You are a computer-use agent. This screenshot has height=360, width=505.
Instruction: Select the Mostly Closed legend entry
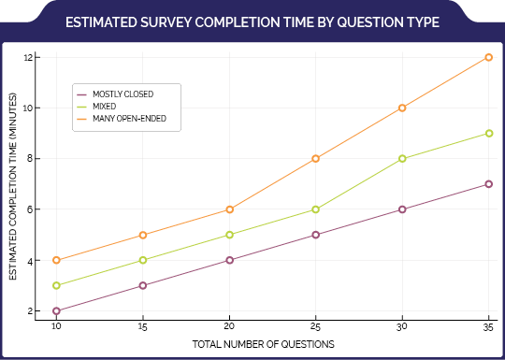tap(115, 94)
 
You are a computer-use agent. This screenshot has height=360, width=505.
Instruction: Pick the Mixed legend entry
tap(96, 107)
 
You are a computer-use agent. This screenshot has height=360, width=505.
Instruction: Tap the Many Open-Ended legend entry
tap(122, 119)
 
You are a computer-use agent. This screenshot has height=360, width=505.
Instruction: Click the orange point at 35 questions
tap(488, 57)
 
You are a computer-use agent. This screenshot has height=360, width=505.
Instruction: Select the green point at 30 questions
tap(402, 158)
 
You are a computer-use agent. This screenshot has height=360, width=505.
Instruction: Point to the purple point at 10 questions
tap(56, 311)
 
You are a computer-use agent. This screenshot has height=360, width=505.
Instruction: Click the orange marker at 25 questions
tap(316, 158)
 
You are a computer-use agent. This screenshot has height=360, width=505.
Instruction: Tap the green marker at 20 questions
tap(229, 235)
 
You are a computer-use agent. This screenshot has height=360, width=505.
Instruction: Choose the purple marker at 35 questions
tap(488, 184)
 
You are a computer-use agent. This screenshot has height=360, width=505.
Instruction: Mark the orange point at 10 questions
tap(56, 260)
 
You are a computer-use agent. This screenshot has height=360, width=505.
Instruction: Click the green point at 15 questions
tap(143, 260)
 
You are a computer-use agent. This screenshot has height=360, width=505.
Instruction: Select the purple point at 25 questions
tap(316, 235)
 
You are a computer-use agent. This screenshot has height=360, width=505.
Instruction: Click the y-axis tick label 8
tap(29, 159)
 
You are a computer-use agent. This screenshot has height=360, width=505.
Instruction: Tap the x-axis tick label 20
tap(229, 327)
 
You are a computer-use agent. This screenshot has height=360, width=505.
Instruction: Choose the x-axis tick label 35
tap(488, 327)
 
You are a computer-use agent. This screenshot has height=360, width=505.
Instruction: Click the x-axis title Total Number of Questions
tap(263, 344)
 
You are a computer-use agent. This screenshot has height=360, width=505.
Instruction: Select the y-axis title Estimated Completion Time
tap(13, 186)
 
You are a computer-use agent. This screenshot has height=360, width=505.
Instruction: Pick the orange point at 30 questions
tap(402, 108)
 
